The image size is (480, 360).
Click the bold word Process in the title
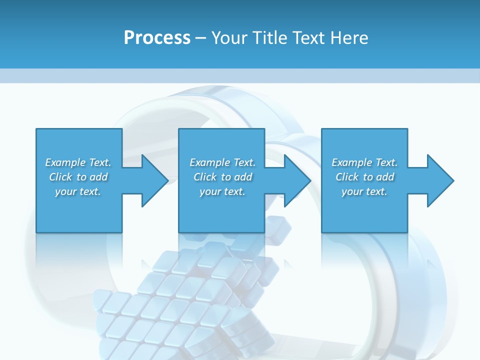tap(157, 37)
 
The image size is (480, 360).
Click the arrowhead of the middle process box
tap(296, 180)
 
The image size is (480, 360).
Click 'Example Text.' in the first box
tap(78, 162)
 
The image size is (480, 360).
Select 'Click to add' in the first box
tap(78, 177)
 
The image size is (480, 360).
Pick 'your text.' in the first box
tap(78, 191)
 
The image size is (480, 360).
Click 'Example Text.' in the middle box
tap(222, 162)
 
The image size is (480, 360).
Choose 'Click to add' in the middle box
tap(222, 177)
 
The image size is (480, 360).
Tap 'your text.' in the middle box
tap(222, 191)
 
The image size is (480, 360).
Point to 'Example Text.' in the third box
tap(364, 162)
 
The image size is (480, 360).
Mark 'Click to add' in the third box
tap(365, 177)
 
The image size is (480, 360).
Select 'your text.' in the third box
tap(364, 191)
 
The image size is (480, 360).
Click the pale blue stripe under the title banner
tap(240, 75)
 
